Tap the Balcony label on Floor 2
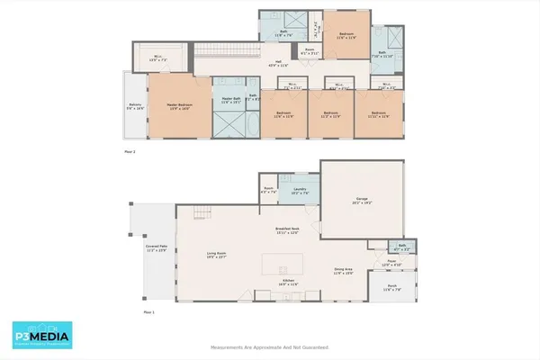(x=134, y=106)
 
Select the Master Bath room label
(x=230, y=100)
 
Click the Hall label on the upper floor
(x=279, y=62)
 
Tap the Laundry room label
(x=300, y=191)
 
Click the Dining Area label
(x=343, y=270)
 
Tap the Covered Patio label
(x=157, y=247)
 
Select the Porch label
(x=391, y=290)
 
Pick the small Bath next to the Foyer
(x=402, y=247)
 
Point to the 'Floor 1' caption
(x=149, y=312)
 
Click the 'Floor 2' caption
(x=130, y=153)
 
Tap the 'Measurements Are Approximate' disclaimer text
(x=269, y=346)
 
